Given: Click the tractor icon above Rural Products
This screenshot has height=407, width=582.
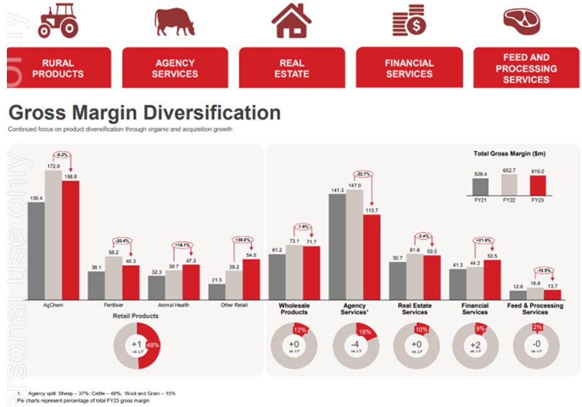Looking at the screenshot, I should click(x=58, y=21).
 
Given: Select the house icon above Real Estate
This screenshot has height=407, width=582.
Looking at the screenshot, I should click(x=292, y=20).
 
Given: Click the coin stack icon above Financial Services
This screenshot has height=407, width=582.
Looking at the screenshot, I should click(x=409, y=22).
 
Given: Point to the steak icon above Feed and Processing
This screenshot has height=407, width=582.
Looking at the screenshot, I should click(x=525, y=20).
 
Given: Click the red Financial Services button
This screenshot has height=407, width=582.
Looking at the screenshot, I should click(x=409, y=68).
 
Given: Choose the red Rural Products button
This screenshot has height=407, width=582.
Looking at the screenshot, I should click(x=58, y=68).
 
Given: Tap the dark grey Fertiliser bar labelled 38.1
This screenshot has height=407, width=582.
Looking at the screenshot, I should click(x=96, y=285).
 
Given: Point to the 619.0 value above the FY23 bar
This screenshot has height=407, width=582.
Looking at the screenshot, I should click(x=536, y=170).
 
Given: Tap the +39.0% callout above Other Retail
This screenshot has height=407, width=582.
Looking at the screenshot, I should click(x=242, y=240).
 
